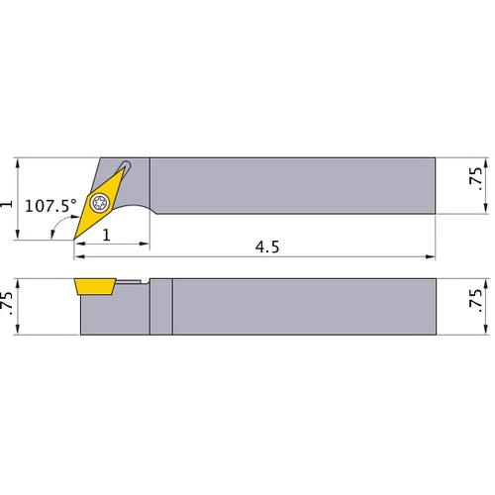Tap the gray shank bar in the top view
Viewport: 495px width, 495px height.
pos(297,185)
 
